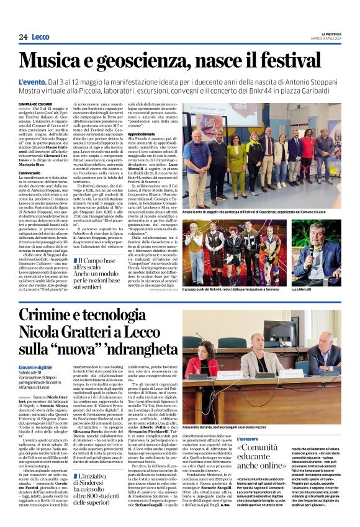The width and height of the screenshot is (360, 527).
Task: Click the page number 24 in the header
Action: click(x=23, y=37)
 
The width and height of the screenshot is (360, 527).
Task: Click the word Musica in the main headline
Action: click(x=59, y=61)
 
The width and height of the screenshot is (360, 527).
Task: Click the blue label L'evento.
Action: click(x=32, y=82)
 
